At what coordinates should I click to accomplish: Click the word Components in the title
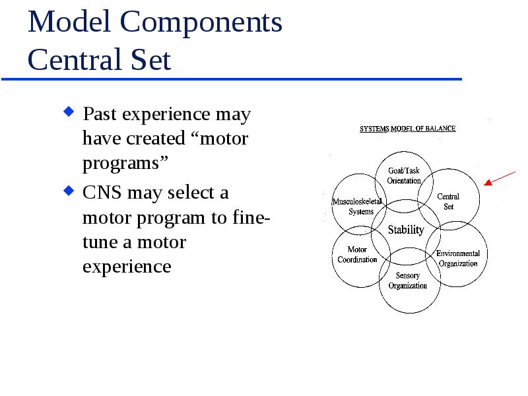pyautogui.click(x=201, y=23)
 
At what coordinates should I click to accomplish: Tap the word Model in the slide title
pyautogui.click(x=69, y=21)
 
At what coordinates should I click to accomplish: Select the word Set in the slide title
pyautogui.click(x=150, y=59)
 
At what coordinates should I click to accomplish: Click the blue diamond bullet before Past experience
pyautogui.click(x=69, y=112)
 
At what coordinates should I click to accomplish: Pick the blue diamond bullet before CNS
pyautogui.click(x=69, y=191)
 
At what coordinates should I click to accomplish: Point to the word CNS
pyautogui.click(x=102, y=193)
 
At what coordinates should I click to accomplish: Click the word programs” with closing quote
pyautogui.click(x=125, y=163)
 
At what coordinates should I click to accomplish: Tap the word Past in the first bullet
pyautogui.click(x=100, y=114)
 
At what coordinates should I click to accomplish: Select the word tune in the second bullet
pyautogui.click(x=100, y=242)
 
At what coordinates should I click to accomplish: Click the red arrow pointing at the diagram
pyautogui.click(x=500, y=178)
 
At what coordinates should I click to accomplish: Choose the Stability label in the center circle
pyautogui.click(x=406, y=230)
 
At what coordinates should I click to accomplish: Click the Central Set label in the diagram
pyautogui.click(x=448, y=201)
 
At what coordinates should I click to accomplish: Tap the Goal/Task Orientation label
pyautogui.click(x=404, y=176)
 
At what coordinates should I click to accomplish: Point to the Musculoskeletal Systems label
pyautogui.click(x=357, y=207)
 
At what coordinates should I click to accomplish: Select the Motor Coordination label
pyautogui.click(x=357, y=255)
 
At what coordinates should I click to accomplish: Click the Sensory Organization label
pyautogui.click(x=408, y=280)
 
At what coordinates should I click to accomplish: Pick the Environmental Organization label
pyautogui.click(x=458, y=258)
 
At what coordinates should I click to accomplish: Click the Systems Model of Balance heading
pyautogui.click(x=408, y=128)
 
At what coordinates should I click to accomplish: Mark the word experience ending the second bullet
pyautogui.click(x=127, y=267)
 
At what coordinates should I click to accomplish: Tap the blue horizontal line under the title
pyautogui.click(x=232, y=79)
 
